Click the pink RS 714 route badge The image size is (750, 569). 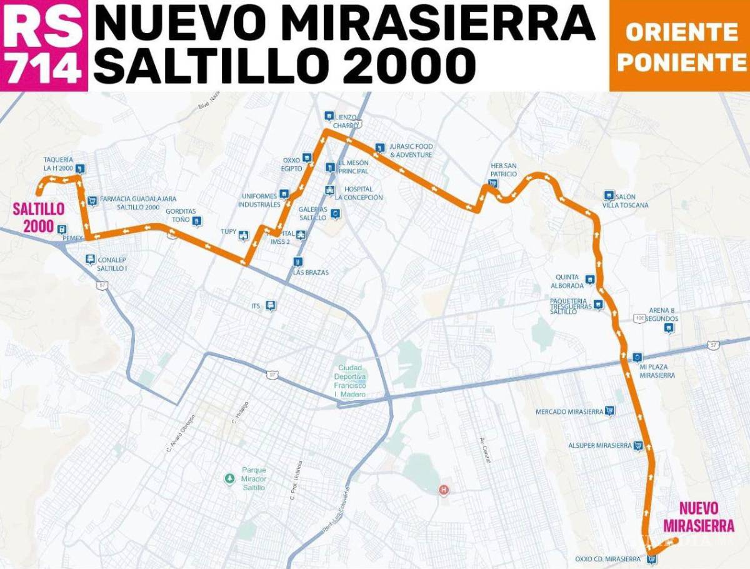point(43,45)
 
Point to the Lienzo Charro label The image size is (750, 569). point(346,121)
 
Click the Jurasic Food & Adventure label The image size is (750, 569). point(411,151)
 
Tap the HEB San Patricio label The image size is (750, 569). point(503,170)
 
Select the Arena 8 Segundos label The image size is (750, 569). point(663,314)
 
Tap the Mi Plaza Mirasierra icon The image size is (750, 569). point(637,357)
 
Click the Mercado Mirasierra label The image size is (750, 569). point(569,412)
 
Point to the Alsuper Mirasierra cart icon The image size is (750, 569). point(638,445)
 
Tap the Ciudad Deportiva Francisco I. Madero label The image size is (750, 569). point(351,381)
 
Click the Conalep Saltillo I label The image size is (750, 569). point(112,264)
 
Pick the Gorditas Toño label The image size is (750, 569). point(181,215)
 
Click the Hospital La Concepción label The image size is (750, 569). point(358,193)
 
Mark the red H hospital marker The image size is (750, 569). point(444,490)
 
